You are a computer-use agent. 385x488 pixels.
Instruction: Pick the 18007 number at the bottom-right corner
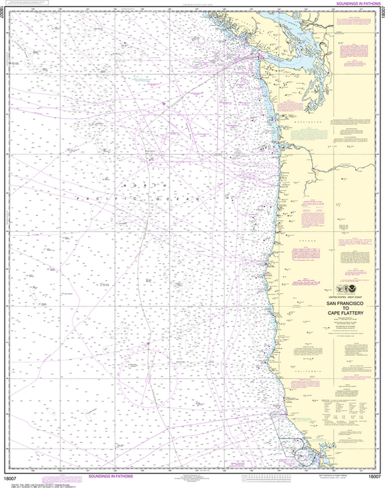tap(372, 477)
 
